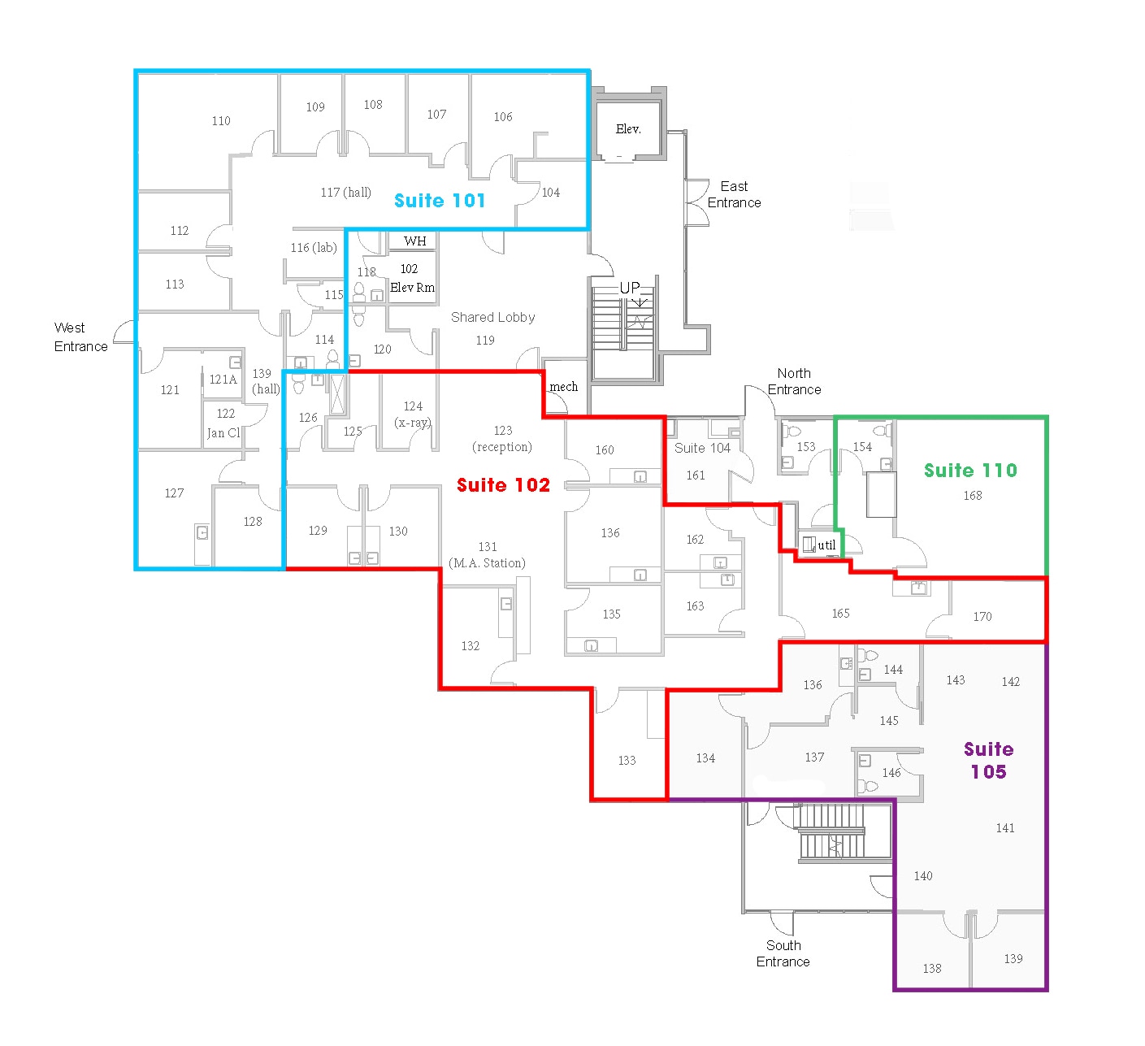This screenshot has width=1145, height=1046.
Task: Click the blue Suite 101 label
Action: [440, 201]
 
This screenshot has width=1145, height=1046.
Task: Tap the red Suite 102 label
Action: [503, 484]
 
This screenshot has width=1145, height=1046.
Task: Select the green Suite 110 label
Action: [970, 470]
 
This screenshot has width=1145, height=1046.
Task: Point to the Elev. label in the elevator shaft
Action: [628, 129]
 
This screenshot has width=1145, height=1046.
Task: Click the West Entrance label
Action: [80, 336]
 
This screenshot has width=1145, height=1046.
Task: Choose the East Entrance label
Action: [734, 194]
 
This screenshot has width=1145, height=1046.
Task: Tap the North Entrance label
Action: [794, 381]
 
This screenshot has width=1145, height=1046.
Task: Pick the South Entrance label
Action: [783, 953]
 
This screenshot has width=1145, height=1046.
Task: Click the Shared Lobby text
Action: [492, 317]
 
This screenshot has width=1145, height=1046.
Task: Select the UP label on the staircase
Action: [630, 288]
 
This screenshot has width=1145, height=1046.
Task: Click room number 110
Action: [221, 120]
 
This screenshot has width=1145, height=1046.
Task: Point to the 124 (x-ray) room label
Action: [413, 414]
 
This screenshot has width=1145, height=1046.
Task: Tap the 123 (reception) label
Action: [502, 438]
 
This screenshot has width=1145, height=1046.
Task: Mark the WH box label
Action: [415, 241]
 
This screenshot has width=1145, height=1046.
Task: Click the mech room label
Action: [563, 387]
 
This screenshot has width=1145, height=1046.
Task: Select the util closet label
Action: [826, 545]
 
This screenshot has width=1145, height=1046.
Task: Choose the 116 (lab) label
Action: [314, 247]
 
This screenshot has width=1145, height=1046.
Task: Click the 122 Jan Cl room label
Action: [223, 423]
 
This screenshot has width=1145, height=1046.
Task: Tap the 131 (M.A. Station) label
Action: [487, 554]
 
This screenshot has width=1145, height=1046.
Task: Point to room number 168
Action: [973, 495]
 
